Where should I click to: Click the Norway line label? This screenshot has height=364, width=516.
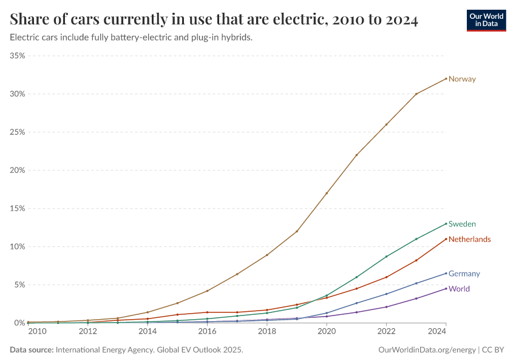point(462,79)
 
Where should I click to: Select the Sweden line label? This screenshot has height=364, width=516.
point(462,224)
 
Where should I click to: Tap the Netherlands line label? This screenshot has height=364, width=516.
point(469,239)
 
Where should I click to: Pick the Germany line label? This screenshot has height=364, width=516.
point(464,274)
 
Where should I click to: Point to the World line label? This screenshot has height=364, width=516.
point(459,289)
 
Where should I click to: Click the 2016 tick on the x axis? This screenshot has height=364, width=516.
point(208,331)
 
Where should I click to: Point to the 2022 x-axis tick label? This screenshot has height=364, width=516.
point(387,331)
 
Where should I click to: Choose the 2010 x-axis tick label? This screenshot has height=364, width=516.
point(37,331)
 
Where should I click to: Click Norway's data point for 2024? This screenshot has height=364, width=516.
point(446,78)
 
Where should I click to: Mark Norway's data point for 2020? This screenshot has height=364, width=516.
point(327,193)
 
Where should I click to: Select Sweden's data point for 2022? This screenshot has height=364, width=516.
point(387,256)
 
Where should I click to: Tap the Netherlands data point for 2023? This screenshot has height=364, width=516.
point(416,260)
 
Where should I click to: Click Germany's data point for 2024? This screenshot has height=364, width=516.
point(446,273)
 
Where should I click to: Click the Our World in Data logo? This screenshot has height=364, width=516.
point(486,20)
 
